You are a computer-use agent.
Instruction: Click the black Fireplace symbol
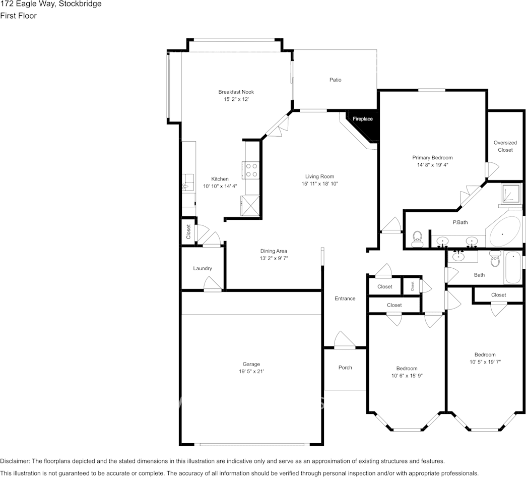pyautogui.click(x=364, y=125)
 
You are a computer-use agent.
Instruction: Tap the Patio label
pyautogui.click(x=335, y=80)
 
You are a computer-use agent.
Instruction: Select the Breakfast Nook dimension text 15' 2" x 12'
pyautogui.click(x=236, y=100)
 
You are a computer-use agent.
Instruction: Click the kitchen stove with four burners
pyautogui.click(x=251, y=170)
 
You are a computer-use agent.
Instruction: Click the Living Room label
pyautogui.click(x=319, y=176)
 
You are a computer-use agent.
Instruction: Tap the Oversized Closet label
pyautogui.click(x=505, y=146)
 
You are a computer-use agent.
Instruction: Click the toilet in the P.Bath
pyautogui.click(x=417, y=239)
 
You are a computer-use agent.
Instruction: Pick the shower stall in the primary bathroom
pyautogui.click(x=510, y=194)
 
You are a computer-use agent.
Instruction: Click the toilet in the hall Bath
pyautogui.click(x=495, y=260)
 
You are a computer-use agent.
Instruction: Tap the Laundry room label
pyautogui.click(x=203, y=268)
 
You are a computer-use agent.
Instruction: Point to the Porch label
pyautogui.click(x=345, y=368)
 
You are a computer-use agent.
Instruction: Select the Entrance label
pyautogui.click(x=345, y=299)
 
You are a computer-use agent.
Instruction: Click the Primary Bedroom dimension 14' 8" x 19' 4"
pyautogui.click(x=432, y=165)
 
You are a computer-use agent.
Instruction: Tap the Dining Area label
pyautogui.click(x=274, y=251)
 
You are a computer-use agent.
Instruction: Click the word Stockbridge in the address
pyautogui.click(x=81, y=4)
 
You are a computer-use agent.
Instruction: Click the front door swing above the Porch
pyautogui.click(x=345, y=340)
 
